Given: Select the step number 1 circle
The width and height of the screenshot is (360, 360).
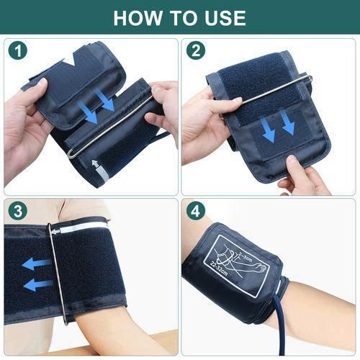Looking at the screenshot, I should click(18, 51).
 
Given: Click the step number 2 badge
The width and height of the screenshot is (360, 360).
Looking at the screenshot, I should click(195, 50).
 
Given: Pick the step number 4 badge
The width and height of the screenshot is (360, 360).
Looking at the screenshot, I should click(195, 211).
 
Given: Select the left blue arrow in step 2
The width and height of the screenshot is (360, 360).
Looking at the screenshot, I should click(268, 130).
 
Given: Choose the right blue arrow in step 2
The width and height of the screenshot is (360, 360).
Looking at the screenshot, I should click(288, 123).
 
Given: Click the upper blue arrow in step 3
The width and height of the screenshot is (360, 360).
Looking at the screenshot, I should click(37, 264).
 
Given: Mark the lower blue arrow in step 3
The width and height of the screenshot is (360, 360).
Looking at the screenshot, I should click(38, 284).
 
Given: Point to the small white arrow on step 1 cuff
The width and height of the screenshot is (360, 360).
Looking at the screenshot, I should click(96, 165).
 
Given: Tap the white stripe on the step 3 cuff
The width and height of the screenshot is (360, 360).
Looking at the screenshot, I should click(79, 228).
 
